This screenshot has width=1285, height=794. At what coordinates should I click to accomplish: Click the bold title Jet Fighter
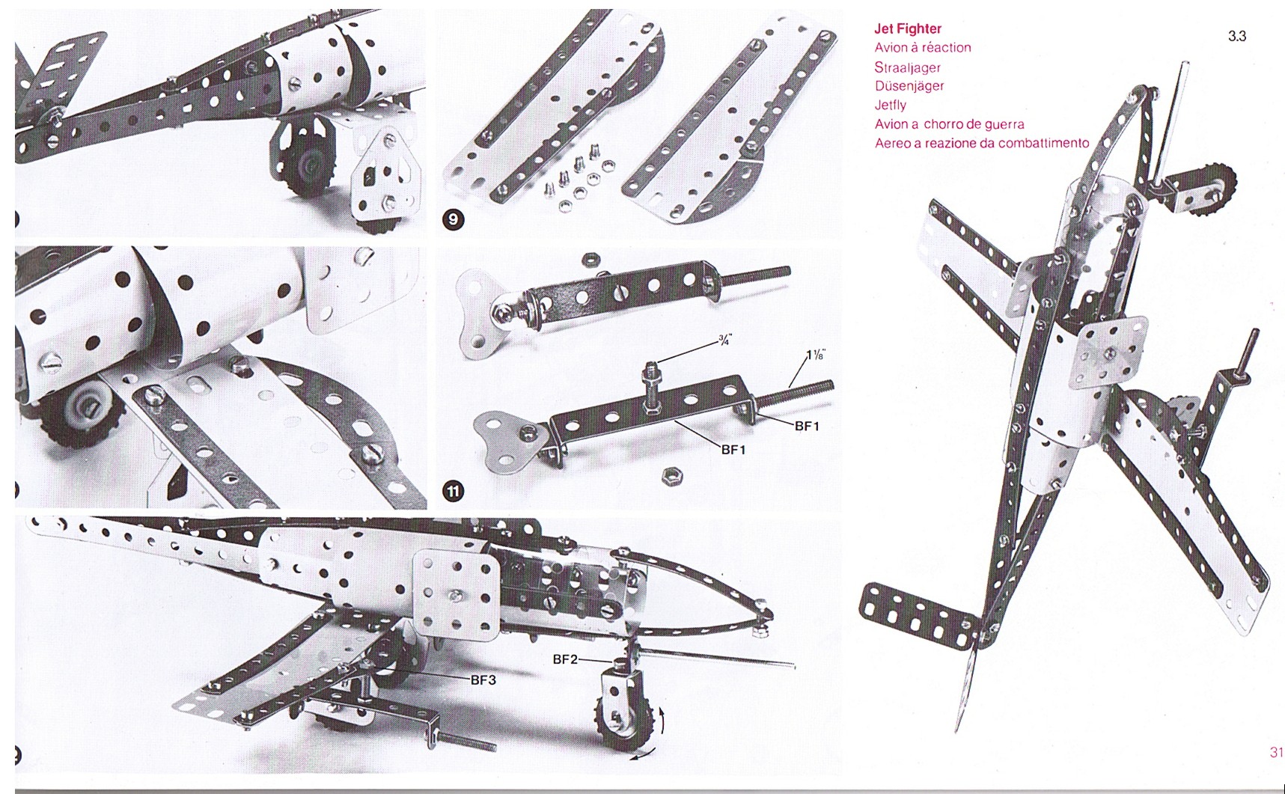click(907, 29)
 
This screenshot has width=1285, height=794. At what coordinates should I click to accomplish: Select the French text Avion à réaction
click(922, 48)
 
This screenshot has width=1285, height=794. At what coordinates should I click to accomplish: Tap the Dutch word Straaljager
click(907, 67)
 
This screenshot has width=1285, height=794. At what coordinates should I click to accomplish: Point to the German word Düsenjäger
click(909, 86)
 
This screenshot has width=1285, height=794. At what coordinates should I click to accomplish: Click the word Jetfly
click(890, 106)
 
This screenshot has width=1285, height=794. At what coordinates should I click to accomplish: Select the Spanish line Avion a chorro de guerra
click(949, 124)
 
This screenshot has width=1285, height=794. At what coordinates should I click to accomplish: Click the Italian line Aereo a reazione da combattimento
click(981, 143)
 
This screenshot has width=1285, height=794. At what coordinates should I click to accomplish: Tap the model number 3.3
click(1236, 36)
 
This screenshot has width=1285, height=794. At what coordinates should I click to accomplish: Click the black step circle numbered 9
click(454, 219)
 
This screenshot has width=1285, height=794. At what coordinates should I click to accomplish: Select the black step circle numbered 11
click(454, 491)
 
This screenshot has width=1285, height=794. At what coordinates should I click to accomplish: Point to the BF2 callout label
click(565, 659)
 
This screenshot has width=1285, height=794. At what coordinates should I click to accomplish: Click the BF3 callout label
click(483, 680)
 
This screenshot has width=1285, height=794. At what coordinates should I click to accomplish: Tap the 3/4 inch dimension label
click(724, 340)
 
